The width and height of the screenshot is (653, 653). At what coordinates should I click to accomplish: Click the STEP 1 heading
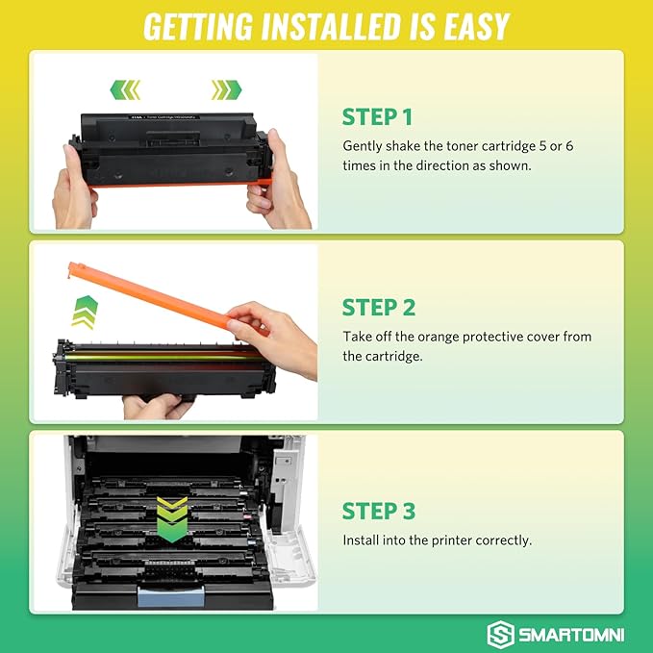(x=377, y=117)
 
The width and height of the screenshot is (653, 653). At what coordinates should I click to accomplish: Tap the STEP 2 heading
(x=378, y=308)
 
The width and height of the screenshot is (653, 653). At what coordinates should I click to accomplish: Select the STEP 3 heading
(x=378, y=511)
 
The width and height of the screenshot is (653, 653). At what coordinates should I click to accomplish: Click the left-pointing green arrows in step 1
(x=125, y=89)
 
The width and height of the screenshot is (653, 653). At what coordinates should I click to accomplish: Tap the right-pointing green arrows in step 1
(x=226, y=89)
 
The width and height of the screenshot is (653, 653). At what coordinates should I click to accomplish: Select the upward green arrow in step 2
(x=86, y=311)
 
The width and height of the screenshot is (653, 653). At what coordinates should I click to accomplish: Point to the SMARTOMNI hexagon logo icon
(x=501, y=634)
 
